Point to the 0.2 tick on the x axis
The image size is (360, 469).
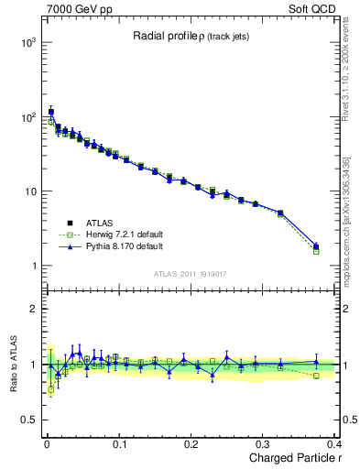click(191, 444)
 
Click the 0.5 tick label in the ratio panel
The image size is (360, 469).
click(27, 420)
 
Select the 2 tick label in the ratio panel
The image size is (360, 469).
click(32, 309)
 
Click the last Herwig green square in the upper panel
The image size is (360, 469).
click(316, 251)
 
